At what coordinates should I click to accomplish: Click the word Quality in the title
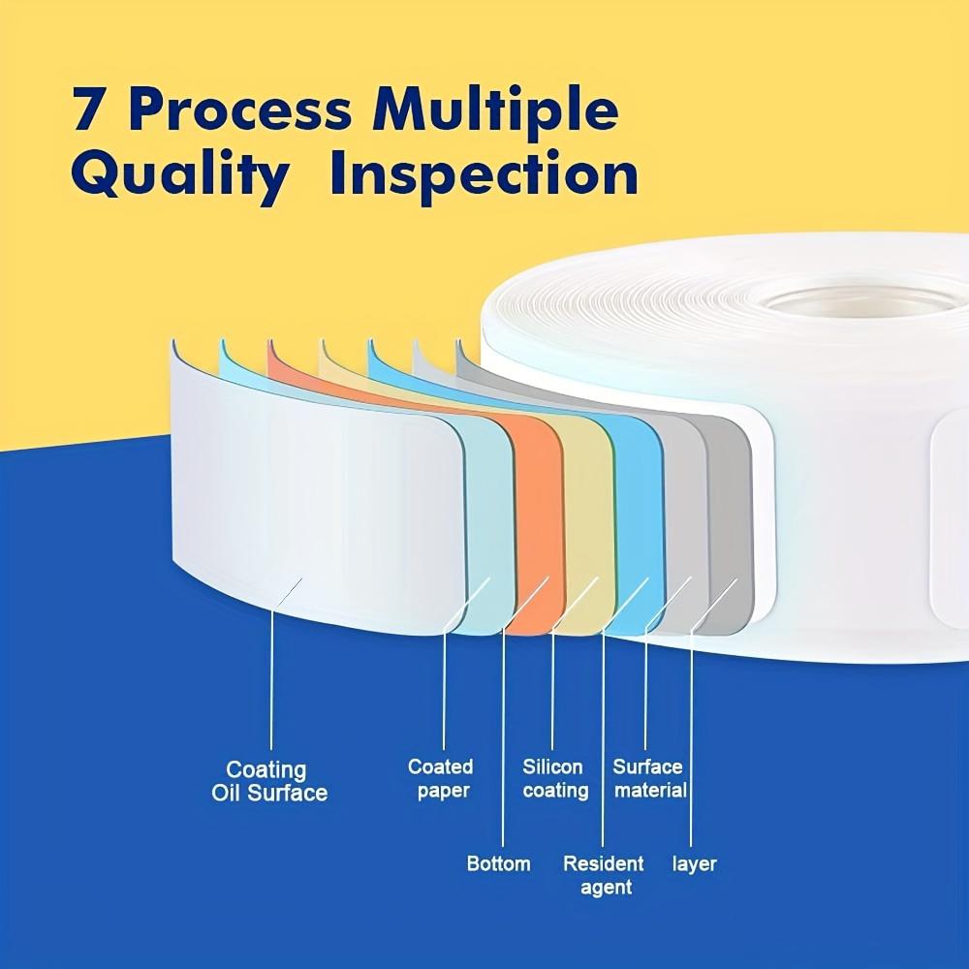pos(180,176)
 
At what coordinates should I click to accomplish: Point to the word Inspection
pos(484,176)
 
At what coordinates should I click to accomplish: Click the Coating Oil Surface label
pos(268,781)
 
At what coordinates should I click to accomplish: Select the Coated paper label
pos(441,778)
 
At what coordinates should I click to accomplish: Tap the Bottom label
pos(498,863)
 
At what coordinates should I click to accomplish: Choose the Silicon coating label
pos(555,778)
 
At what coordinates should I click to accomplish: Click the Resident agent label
pos(604,874)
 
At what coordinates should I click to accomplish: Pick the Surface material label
pos(649,778)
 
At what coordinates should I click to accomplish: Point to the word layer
pos(694,863)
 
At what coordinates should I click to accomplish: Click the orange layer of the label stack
pos(538,523)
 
